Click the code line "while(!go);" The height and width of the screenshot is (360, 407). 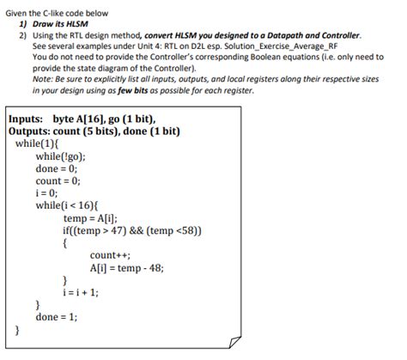pos(61,156)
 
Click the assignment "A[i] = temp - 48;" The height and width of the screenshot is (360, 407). pos(125,267)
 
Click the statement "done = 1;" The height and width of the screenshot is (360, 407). pos(57,316)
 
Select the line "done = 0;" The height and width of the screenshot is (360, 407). pos(57,169)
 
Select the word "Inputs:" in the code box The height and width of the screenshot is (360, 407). pos(26,119)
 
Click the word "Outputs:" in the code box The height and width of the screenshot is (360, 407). pos(30,131)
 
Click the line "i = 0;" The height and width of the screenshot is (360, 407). pos(47,193)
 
